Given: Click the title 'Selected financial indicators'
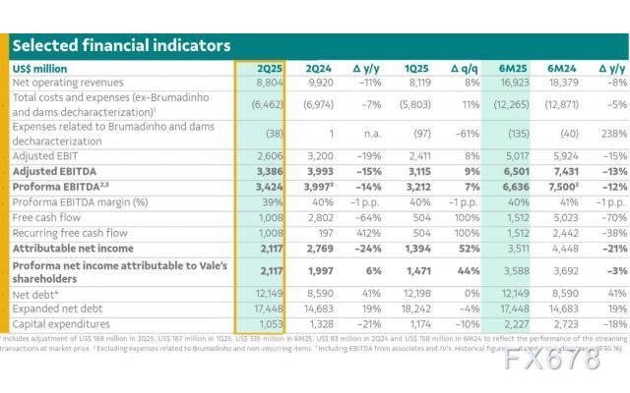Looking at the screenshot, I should (x=121, y=45).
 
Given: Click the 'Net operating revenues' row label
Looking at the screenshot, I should (x=69, y=84).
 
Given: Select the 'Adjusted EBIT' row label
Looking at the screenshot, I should (x=46, y=155).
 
